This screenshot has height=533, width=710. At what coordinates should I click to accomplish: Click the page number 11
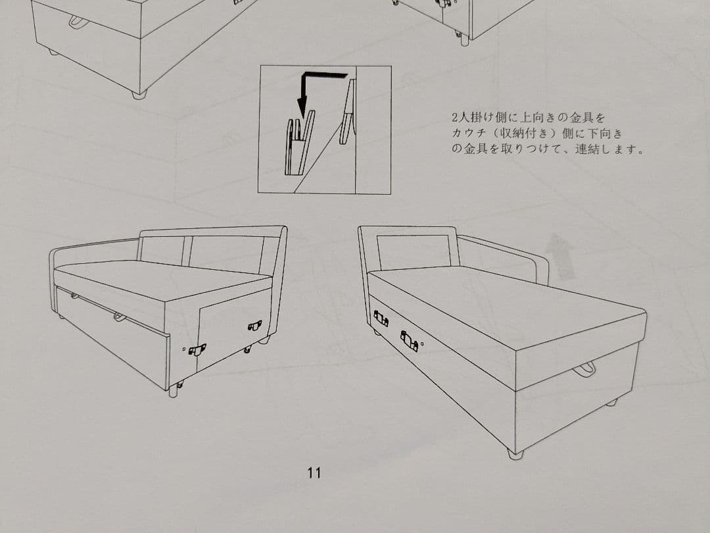pyautogui.click(x=314, y=472)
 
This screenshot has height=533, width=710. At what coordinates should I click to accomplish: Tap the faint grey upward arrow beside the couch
pyautogui.click(x=559, y=256)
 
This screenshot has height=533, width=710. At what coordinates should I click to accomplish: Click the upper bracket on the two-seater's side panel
pyautogui.click(x=254, y=326)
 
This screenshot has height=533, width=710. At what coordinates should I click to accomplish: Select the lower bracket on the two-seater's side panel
pyautogui.click(x=197, y=349)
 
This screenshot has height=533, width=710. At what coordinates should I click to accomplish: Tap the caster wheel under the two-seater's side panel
pyautogui.click(x=247, y=349)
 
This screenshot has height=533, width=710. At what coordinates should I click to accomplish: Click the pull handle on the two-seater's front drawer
pyautogui.click(x=119, y=317)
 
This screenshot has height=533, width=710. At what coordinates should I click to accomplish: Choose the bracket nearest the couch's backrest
pyautogui.click(x=381, y=318)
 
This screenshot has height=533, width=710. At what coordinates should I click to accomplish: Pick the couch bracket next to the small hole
pyautogui.click(x=409, y=341)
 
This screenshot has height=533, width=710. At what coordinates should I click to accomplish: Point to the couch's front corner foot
pyautogui.click(x=515, y=453)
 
